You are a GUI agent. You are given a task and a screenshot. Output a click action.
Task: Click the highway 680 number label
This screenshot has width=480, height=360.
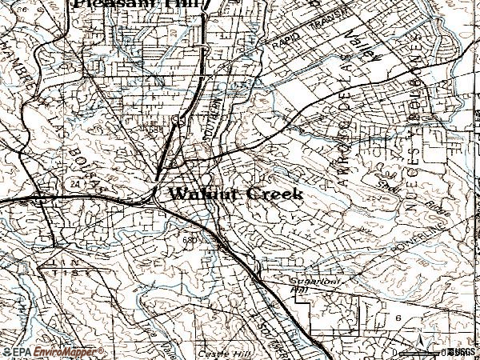click(x=190, y=238)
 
